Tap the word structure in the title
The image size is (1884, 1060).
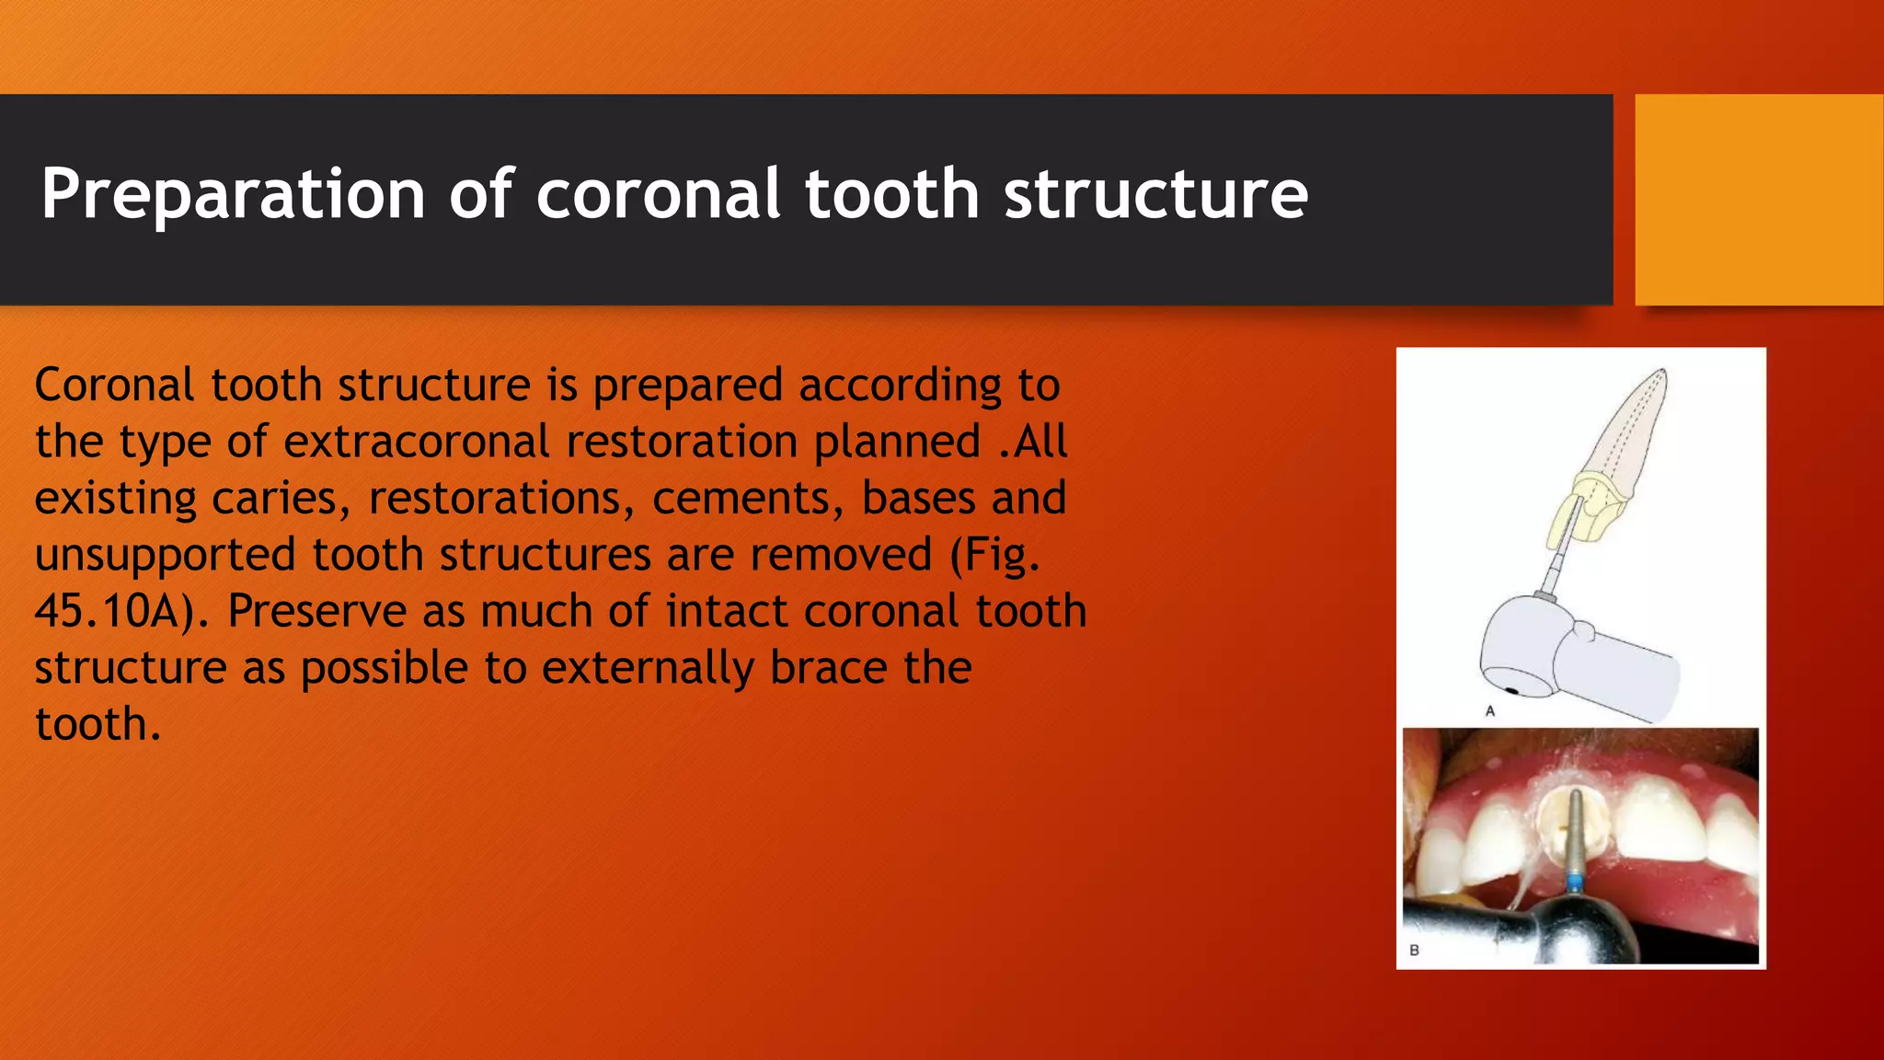click(1155, 194)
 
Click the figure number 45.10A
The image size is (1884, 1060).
click(116, 612)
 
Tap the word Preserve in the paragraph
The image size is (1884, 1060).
click(316, 612)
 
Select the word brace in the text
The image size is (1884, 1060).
click(828, 668)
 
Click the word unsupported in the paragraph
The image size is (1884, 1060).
click(166, 556)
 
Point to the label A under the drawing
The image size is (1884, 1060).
click(1490, 710)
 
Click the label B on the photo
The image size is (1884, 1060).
click(1414, 950)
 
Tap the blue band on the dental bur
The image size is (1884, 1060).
click(1575, 884)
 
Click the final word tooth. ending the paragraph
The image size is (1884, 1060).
click(98, 725)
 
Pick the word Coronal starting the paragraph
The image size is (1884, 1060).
click(114, 386)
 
